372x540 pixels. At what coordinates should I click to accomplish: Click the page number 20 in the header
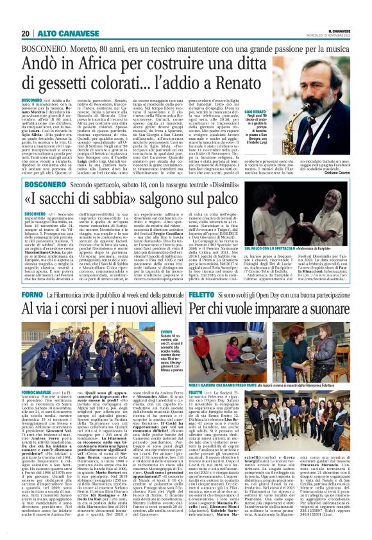tap(25, 33)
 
